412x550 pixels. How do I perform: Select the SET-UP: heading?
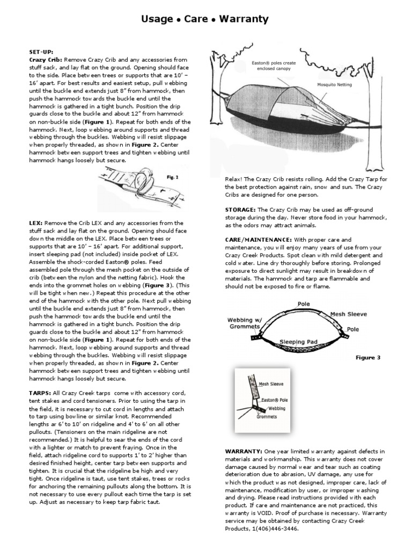tap(41, 52)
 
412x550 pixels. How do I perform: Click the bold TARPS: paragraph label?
tap(40, 393)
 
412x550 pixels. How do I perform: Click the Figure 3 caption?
tap(368, 357)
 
